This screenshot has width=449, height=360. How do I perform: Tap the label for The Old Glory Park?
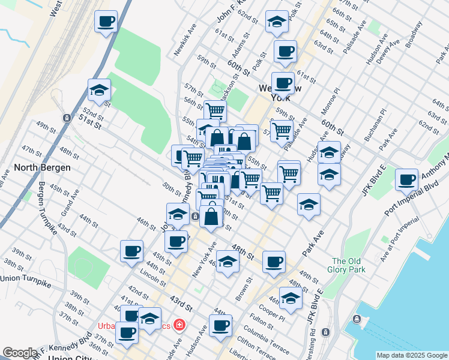[x=349, y=265]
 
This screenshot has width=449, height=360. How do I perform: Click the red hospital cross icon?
[x=179, y=326]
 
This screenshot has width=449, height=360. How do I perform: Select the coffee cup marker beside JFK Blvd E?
[x=407, y=179]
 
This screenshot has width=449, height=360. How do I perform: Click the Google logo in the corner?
[x=20, y=353]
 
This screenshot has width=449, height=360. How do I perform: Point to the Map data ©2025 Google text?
[x=411, y=355]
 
